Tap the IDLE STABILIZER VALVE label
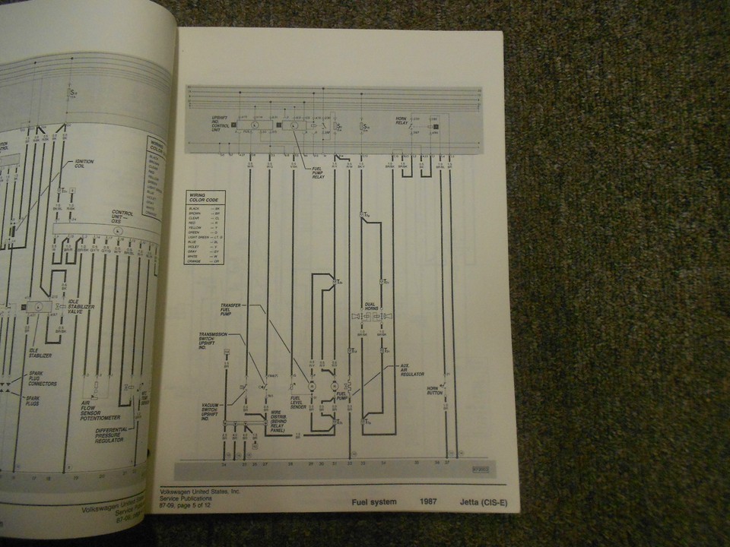tap(82, 303)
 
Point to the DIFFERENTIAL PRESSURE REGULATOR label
tap(110, 437)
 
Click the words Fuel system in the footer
tap(373, 501)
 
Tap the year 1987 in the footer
tap(428, 501)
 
